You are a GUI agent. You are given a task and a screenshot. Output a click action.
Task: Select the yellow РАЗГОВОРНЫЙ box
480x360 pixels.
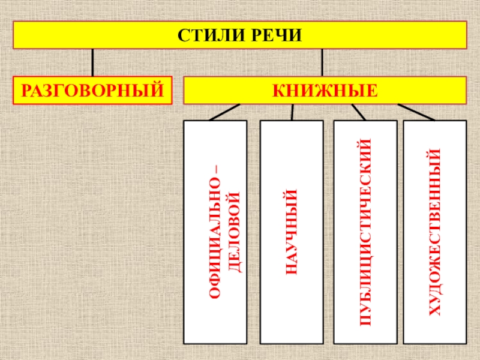pyautogui.click(x=93, y=91)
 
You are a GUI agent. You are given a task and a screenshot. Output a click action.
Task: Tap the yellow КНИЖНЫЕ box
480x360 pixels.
pyautogui.click(x=325, y=91)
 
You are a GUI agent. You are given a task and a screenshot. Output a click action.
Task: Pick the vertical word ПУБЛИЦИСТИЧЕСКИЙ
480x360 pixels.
pyautogui.click(x=365, y=232)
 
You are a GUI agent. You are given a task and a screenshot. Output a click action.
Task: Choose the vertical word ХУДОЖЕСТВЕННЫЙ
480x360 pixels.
pyautogui.click(x=434, y=232)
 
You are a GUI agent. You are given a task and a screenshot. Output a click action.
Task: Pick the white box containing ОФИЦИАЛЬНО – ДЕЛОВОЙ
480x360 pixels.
pyautogui.click(x=215, y=324)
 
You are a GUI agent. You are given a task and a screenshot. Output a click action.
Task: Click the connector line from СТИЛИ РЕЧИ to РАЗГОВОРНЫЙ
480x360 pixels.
pyautogui.click(x=92, y=62)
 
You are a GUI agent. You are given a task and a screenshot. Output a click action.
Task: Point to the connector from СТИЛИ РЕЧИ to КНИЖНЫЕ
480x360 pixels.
pyautogui.click(x=322, y=62)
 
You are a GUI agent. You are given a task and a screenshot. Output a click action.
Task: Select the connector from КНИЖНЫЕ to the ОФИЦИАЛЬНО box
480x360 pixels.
pyautogui.click(x=224, y=112)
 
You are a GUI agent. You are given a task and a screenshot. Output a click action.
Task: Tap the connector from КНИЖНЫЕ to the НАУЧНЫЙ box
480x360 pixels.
pyautogui.click(x=292, y=112)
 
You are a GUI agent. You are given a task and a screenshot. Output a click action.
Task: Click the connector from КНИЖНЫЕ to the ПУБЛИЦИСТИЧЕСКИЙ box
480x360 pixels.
pyautogui.click(x=358, y=112)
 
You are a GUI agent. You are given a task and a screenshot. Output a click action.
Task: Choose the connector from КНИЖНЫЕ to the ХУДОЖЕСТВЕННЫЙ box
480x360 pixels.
pyautogui.click(x=419, y=112)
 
